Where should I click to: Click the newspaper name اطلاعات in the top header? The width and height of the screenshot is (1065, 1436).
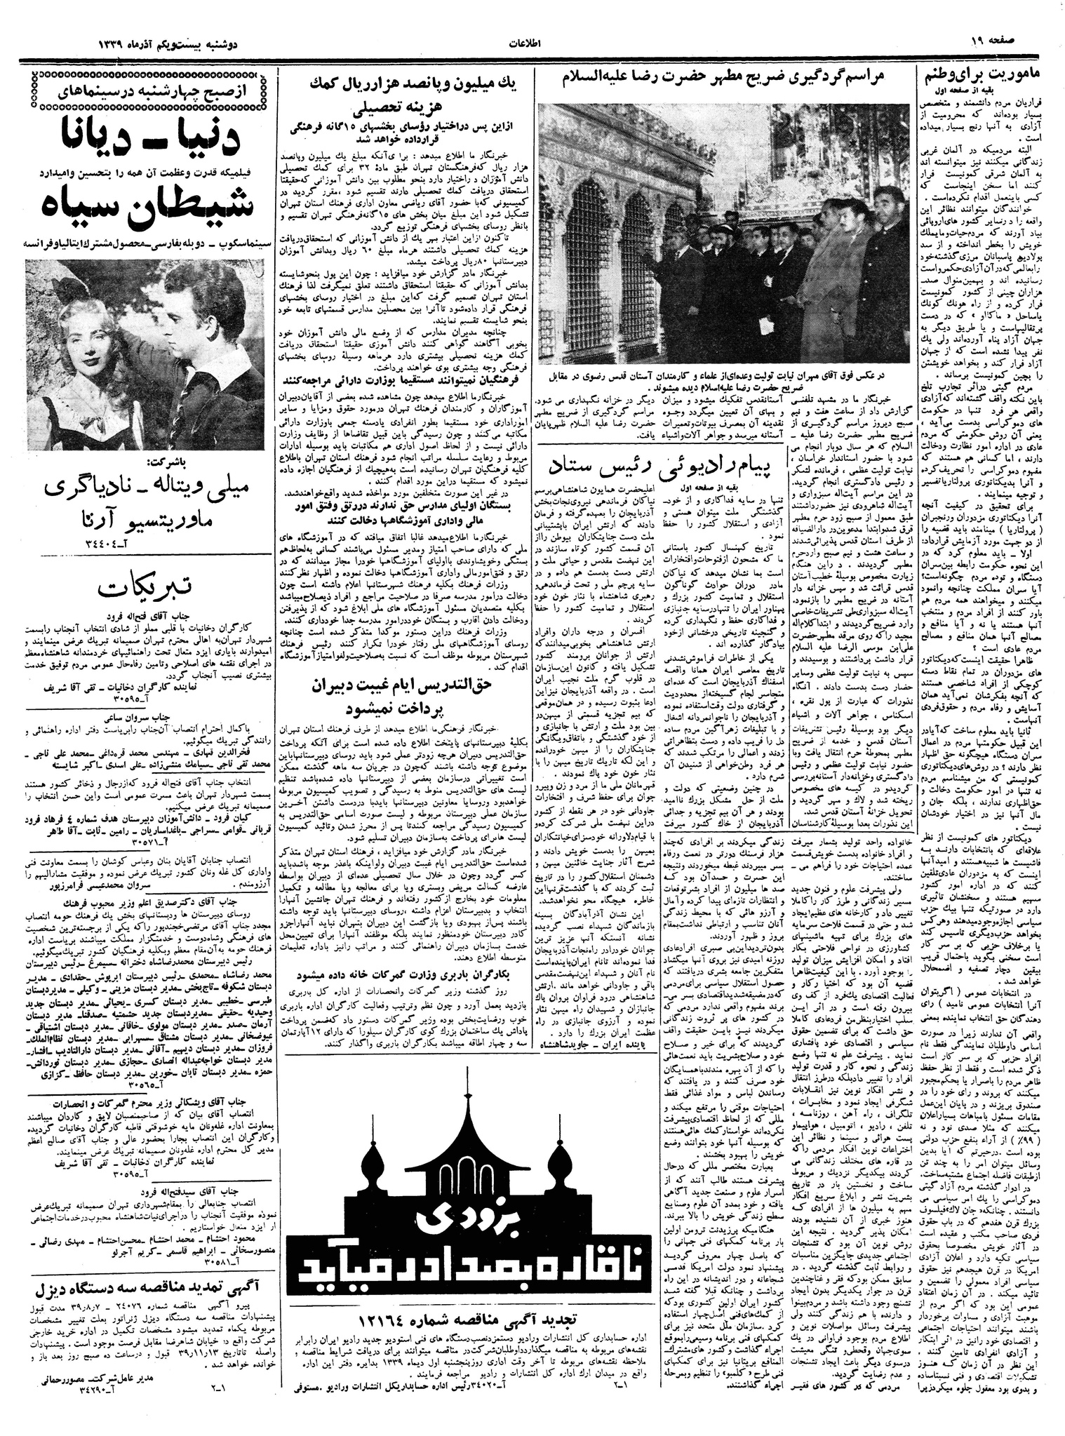click(531, 43)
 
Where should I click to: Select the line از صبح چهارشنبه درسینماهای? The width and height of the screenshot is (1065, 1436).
click(140, 90)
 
